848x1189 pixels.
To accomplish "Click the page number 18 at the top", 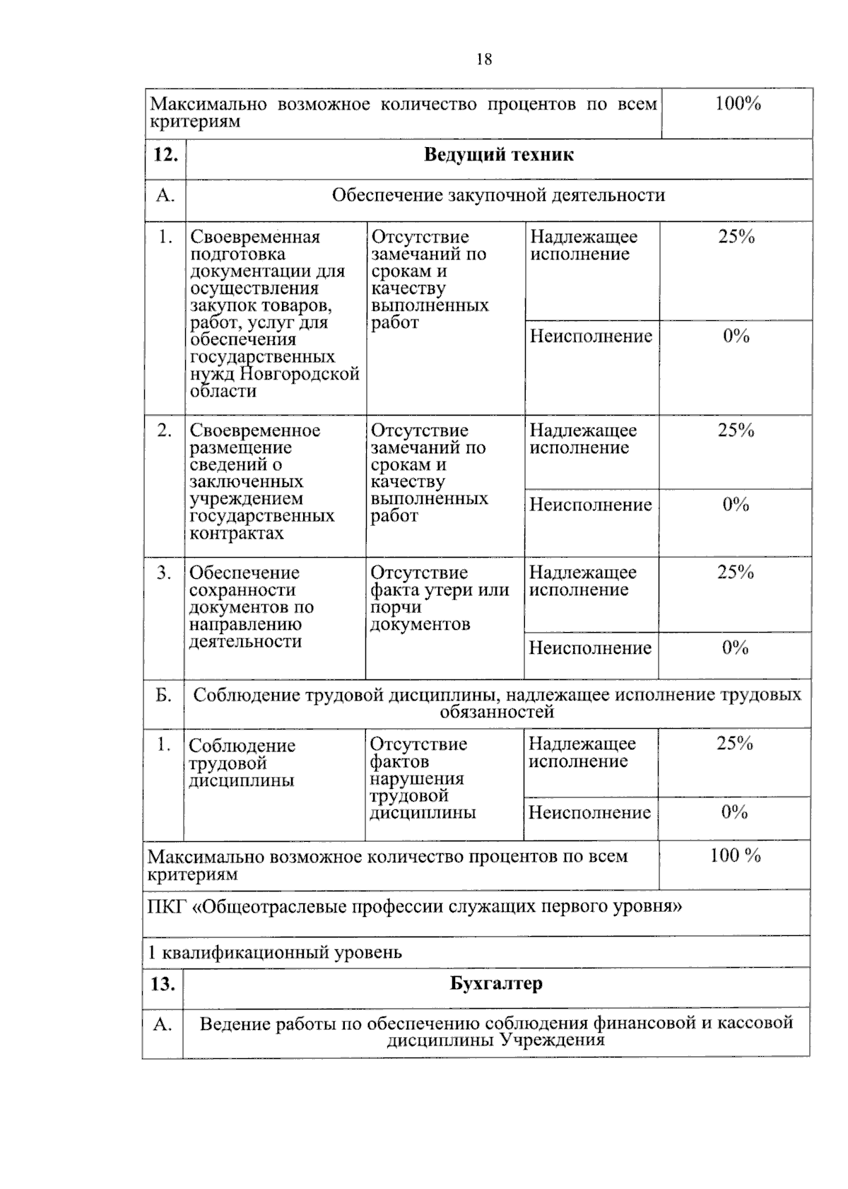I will (x=484, y=59).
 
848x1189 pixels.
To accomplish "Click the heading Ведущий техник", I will (x=498, y=155).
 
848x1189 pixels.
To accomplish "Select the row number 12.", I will (x=165, y=155).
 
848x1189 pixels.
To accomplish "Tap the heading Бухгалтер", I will (x=496, y=983).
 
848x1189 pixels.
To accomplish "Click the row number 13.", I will (x=163, y=984).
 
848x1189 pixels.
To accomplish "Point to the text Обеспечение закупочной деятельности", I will (x=498, y=195).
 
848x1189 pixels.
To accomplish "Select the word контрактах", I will (x=236, y=533).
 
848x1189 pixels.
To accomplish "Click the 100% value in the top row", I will (x=737, y=104).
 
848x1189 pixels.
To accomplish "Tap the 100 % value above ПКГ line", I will (x=735, y=855).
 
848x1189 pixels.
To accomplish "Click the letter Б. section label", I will (x=163, y=696).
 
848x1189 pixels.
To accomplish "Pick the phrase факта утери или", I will (x=440, y=590).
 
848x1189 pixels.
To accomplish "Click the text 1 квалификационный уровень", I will (x=274, y=952).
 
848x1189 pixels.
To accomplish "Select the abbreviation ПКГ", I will (x=167, y=907).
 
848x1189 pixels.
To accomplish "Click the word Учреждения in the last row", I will (x=552, y=1040).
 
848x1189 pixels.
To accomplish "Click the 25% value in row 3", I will (x=735, y=573).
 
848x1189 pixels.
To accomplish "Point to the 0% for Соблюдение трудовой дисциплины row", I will (x=734, y=812).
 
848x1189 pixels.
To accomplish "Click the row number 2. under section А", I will (x=164, y=430).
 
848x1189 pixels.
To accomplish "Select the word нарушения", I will (x=416, y=779).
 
